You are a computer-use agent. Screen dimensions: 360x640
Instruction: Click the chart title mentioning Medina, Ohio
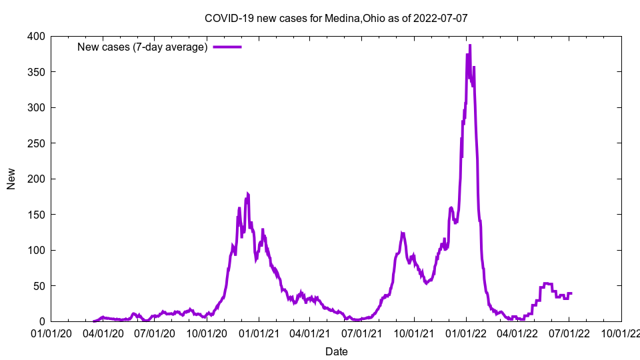click(336, 18)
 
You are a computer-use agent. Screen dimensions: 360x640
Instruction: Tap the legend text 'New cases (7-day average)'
click(143, 47)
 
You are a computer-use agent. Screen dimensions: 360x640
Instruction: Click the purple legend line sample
click(227, 47)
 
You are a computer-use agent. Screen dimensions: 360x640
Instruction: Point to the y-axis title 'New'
click(11, 179)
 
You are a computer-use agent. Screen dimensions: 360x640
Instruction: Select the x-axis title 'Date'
click(336, 351)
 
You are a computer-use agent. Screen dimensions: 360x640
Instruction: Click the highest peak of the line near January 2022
click(470, 45)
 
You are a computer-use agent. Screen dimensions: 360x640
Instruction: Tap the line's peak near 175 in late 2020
click(247, 194)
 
